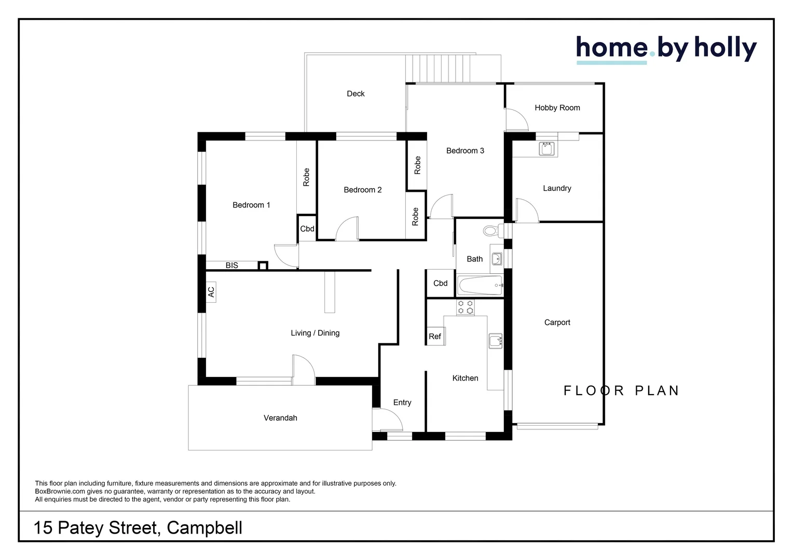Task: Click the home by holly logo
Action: [666, 49]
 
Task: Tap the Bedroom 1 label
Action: [251, 205]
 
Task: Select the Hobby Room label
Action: [557, 108]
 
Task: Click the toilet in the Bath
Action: [491, 231]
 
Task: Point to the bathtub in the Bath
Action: [480, 286]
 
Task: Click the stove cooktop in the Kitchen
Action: [464, 307]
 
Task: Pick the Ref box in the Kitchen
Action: [435, 337]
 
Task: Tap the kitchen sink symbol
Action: [496, 341]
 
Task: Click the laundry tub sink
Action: [546, 149]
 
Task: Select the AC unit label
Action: [211, 292]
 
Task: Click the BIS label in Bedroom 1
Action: [231, 265]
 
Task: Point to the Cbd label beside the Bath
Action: [440, 283]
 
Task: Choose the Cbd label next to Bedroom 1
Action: [307, 229]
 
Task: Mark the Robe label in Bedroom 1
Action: [306, 177]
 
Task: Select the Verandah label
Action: [280, 418]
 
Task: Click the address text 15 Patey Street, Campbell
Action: [138, 528]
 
